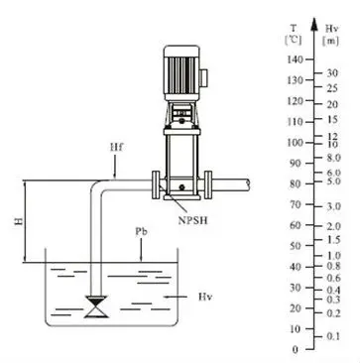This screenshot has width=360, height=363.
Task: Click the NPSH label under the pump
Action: (x=193, y=220)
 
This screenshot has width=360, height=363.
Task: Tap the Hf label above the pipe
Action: (x=116, y=147)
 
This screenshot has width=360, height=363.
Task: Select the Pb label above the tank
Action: (x=141, y=232)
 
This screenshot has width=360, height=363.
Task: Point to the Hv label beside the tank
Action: (x=205, y=297)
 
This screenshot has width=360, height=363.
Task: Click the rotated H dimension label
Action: (x=19, y=221)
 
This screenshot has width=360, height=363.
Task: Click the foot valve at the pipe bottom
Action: (x=96, y=306)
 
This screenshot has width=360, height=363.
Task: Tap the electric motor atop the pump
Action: (x=181, y=72)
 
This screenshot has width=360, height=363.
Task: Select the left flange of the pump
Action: (x=156, y=185)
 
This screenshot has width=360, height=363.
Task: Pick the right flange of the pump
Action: (x=208, y=185)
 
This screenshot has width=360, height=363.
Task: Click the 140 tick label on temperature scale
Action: (x=295, y=60)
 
